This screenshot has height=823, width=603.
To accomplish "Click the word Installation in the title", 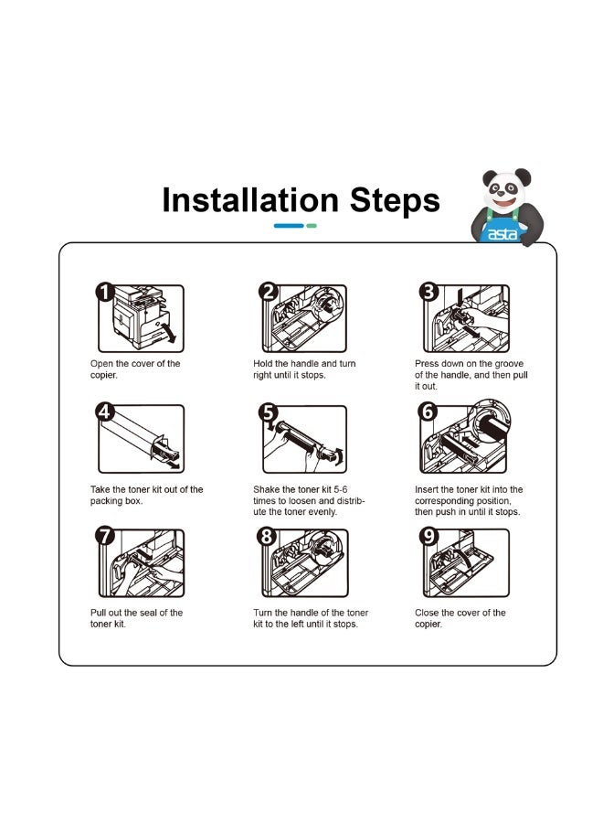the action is (x=250, y=200).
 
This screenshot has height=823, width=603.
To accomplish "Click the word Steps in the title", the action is (x=395, y=201).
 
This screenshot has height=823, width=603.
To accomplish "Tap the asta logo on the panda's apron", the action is (x=502, y=234).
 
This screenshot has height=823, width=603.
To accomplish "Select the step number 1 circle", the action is (x=105, y=292).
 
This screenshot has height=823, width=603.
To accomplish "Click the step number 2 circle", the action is (x=269, y=292).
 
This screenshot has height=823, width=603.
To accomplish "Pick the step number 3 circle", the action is (x=428, y=292).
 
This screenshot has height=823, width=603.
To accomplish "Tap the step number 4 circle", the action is (x=105, y=412).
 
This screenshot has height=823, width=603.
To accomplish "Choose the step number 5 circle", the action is (x=268, y=412).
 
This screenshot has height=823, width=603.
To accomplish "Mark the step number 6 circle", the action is (x=428, y=411).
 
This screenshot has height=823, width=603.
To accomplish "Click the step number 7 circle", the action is (x=105, y=536).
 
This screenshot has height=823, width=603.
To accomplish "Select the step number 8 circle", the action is (x=267, y=536).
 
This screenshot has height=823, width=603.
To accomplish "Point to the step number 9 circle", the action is (x=428, y=536).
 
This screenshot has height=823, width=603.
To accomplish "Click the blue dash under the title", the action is (x=289, y=226).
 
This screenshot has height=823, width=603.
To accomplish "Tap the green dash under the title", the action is (x=312, y=226).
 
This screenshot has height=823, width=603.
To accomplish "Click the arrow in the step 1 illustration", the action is (x=170, y=333).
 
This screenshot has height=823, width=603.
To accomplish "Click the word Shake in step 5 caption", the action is (x=267, y=489).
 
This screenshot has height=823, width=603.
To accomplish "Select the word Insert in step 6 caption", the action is (x=428, y=489).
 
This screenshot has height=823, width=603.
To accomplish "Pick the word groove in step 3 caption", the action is (x=508, y=364).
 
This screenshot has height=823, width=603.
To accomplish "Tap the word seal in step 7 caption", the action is (x=148, y=613).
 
